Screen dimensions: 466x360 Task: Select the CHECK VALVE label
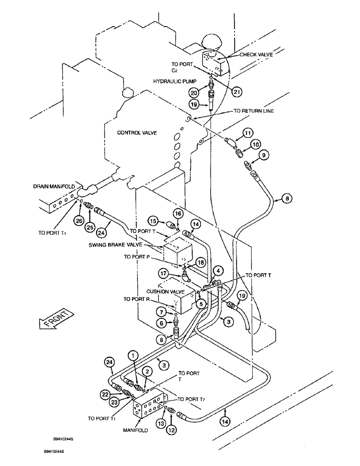[x=256, y=55]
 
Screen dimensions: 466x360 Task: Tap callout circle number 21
[x=237, y=93]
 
